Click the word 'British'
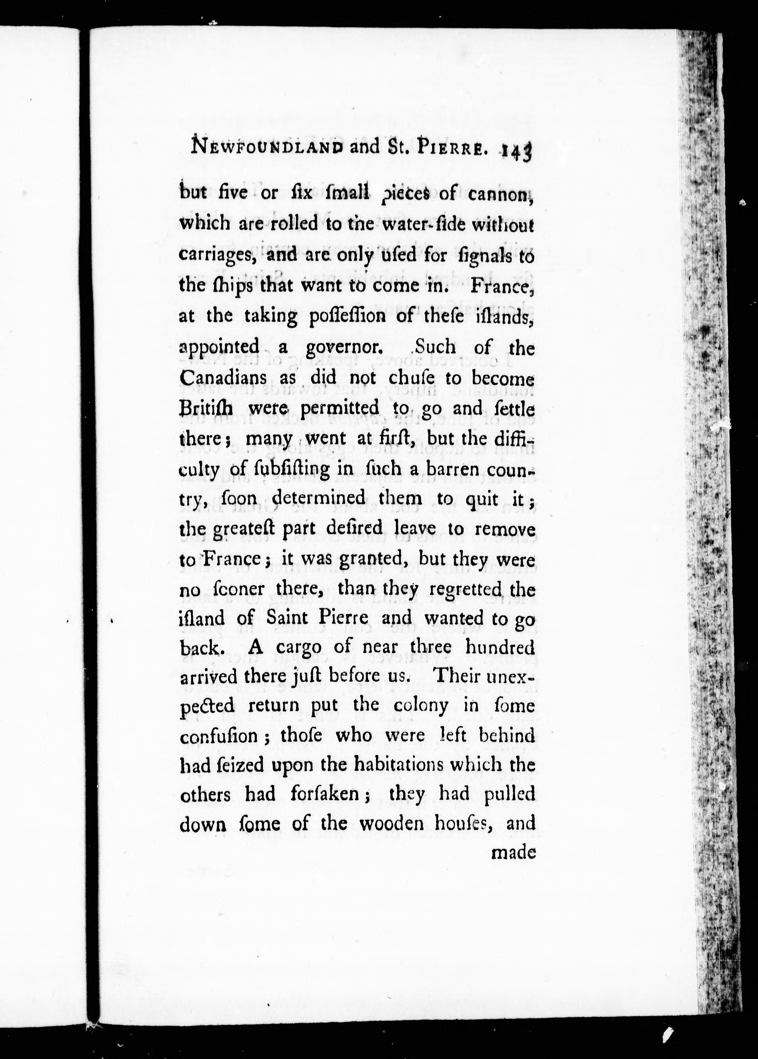pos(208,408)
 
